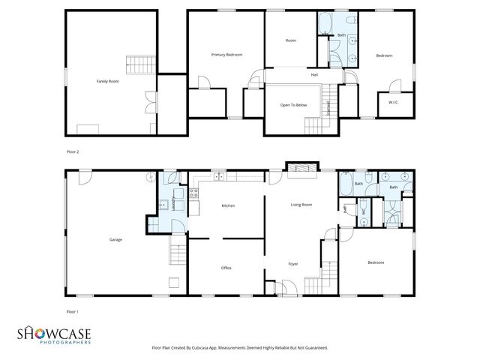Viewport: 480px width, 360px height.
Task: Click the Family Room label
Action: point(108,81)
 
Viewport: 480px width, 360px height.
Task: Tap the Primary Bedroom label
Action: point(226,55)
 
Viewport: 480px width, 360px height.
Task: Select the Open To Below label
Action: point(294,105)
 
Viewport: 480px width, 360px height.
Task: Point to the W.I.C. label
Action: point(393,102)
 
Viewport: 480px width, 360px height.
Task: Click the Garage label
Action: point(115,239)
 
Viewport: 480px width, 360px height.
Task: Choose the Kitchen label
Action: point(228,205)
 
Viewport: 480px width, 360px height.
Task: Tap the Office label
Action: point(226,268)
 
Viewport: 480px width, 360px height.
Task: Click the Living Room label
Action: point(301,204)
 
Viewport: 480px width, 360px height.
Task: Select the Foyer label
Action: point(293,263)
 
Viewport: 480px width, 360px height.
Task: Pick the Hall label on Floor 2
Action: point(315,74)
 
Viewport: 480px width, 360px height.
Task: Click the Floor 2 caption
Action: point(73,151)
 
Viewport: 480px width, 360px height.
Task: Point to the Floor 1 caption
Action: point(73,310)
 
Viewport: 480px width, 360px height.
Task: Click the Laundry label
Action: point(173,202)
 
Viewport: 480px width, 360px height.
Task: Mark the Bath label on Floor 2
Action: point(341,35)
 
